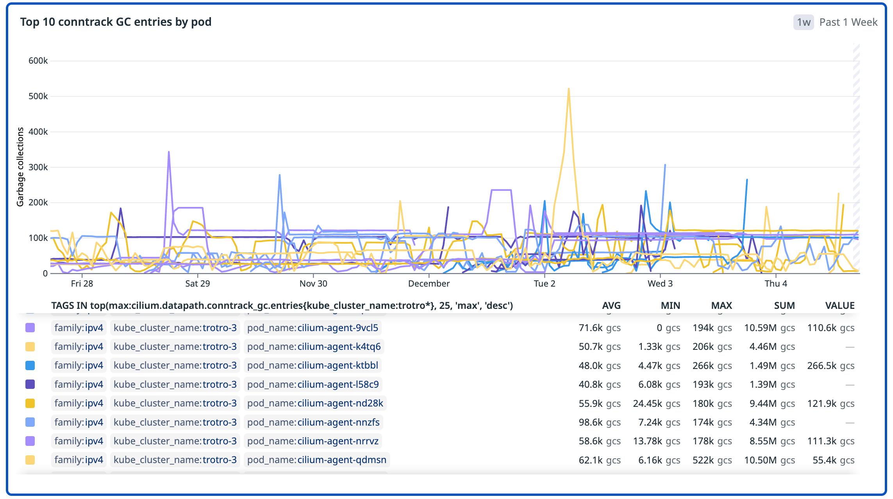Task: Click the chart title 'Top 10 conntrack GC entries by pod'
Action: [116, 22]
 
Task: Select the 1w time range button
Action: [803, 22]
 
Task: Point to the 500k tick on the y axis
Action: [38, 96]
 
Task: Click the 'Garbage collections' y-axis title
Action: [20, 167]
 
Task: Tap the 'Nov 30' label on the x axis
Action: [313, 283]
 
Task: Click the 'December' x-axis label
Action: [429, 283]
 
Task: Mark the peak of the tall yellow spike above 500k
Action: [568, 89]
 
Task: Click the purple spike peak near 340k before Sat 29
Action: [168, 152]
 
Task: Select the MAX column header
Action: [721, 305]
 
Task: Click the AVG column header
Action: [611, 305]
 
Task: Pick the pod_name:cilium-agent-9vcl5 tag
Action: [313, 328]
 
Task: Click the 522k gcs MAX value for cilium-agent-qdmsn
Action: [712, 460]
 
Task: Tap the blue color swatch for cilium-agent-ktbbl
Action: [30, 365]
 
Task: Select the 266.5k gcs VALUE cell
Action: [830, 365]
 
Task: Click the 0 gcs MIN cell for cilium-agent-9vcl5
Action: [668, 328]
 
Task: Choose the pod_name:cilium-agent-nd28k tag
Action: [315, 403]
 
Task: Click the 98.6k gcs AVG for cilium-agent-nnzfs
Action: [599, 422]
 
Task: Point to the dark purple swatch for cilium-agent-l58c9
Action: [30, 384]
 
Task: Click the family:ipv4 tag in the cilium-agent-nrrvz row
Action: [79, 441]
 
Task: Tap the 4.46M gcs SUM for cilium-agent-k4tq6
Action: [772, 346]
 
